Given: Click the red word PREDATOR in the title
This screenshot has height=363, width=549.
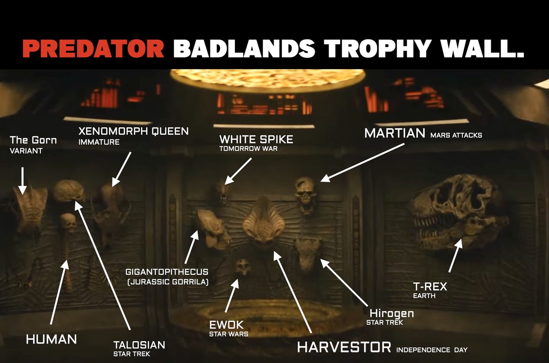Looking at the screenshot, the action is (x=93, y=48).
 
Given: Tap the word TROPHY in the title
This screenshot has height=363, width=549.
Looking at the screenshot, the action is (x=379, y=48).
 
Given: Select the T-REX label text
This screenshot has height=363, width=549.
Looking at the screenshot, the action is (x=430, y=286).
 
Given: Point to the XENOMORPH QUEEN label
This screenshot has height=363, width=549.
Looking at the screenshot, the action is (x=134, y=131).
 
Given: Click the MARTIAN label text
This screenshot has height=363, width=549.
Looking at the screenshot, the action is (x=395, y=133).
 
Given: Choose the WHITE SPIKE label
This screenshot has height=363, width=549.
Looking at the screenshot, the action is (x=256, y=139).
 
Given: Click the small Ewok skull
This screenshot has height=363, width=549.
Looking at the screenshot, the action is (x=243, y=267).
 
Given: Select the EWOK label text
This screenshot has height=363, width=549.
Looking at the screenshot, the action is (x=226, y=325).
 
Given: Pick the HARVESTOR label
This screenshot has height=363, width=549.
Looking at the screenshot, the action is (x=344, y=347).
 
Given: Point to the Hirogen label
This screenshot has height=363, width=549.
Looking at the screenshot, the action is (x=391, y=313).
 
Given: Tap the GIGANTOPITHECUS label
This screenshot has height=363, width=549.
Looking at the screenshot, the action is (x=167, y=272).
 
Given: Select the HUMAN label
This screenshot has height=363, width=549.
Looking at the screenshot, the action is (x=51, y=340).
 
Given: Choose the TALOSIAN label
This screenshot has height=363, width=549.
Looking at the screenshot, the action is (x=139, y=345).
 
